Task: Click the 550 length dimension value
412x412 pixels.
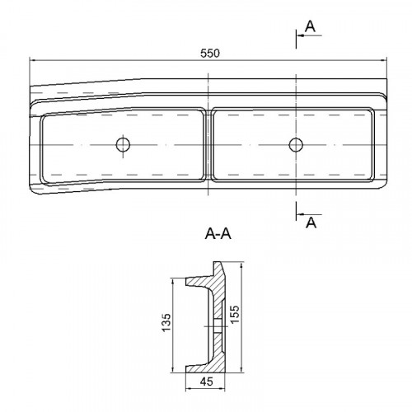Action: tap(210, 54)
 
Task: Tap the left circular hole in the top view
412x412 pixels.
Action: tap(123, 144)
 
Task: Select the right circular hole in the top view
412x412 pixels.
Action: tap(296, 144)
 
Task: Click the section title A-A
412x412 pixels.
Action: tap(218, 234)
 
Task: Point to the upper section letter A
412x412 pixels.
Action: tap(311, 26)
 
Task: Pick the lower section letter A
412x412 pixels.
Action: tap(311, 222)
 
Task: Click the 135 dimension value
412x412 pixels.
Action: tap(166, 322)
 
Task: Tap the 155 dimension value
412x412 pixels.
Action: tap(235, 315)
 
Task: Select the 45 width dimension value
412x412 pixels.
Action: tap(207, 382)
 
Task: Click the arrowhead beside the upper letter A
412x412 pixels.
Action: tap(300, 35)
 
